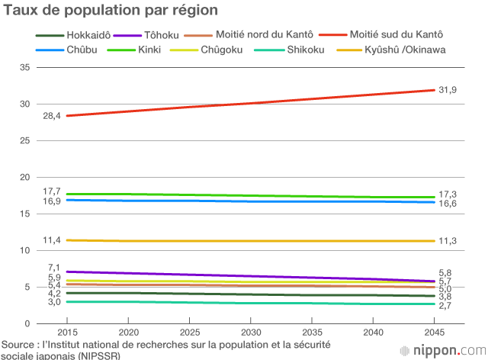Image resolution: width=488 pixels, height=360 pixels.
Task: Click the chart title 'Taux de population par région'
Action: coord(111,11)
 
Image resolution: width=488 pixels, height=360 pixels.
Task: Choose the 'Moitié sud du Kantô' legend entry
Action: coord(396,35)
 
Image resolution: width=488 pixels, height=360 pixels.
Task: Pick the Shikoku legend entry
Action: coord(307,50)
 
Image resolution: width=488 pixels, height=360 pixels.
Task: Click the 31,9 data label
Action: coord(448,90)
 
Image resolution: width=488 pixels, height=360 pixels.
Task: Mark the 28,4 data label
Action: coord(52,116)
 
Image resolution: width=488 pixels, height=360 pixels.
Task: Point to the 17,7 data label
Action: coord(52,191)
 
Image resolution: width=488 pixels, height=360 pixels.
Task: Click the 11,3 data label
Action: coord(448,241)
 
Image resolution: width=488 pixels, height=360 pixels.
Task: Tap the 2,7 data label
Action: coord(446,305)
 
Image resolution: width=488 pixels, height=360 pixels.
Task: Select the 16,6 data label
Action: coord(448,204)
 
